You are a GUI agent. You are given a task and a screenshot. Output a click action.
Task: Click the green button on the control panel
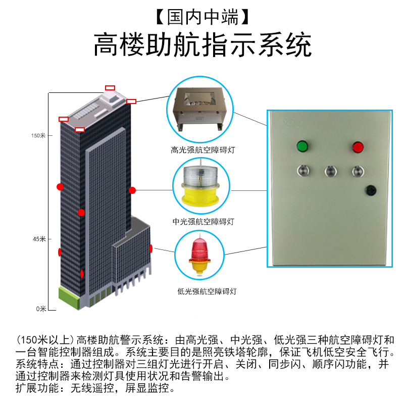coord(302,147)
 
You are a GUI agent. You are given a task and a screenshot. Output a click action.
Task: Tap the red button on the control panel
coord(358,147)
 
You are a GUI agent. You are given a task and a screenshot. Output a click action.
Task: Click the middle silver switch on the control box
coord(330,170)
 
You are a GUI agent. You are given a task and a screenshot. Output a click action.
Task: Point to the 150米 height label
coord(38,135)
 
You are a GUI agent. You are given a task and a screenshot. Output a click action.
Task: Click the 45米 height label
coord(39,239)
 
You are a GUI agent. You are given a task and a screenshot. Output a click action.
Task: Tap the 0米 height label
coord(41,309)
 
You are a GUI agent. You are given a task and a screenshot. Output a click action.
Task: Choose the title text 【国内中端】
coord(202,18)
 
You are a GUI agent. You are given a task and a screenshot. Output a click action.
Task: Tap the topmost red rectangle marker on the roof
coord(110,88)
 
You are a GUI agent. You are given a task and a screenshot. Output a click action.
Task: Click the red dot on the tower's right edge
coord(132,190)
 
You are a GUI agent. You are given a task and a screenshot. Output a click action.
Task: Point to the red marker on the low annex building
coord(150,248)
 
